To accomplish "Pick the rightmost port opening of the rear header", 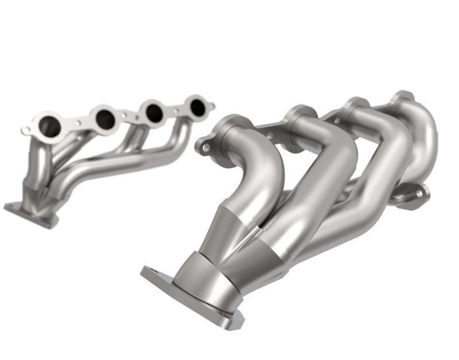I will coord(197,107).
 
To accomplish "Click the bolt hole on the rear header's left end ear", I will coord(26,130).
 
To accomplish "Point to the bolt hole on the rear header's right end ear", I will coord(212,105).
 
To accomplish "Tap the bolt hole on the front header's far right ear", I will coord(419,194).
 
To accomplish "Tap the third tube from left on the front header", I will coord(367,172).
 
